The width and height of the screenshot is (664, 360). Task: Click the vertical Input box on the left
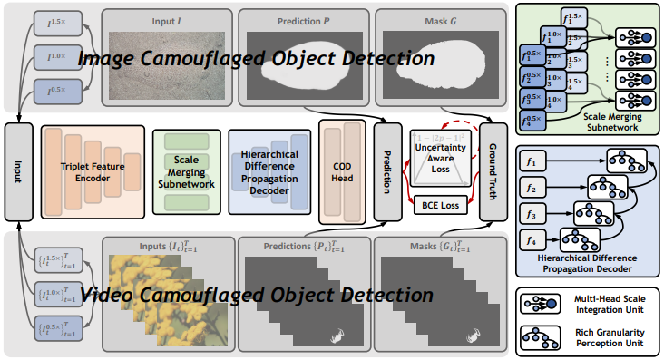18,172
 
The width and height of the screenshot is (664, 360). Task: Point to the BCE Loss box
438,207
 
